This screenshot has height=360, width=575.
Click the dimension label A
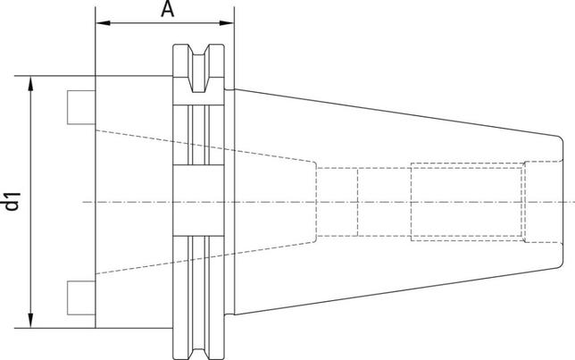(166, 10)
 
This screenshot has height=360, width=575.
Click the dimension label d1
(12, 201)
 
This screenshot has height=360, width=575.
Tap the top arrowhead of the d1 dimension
(32, 82)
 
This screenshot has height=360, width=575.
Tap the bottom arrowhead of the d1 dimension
(32, 322)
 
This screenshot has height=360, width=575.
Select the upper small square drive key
(79, 105)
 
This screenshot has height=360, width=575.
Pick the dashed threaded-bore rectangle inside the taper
(466, 202)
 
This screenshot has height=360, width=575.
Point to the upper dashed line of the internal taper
(205, 147)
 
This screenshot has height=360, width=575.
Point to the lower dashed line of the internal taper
(205, 257)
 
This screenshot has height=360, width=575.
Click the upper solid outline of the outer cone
(393, 113)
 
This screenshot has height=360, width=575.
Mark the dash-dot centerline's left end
(85, 202)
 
